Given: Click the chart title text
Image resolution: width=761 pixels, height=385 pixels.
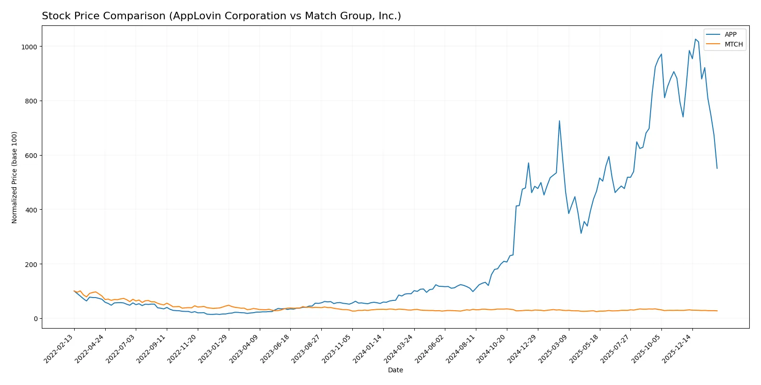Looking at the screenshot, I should point(221,16).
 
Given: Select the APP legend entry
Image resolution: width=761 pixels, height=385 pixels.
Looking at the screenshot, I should point(730,34).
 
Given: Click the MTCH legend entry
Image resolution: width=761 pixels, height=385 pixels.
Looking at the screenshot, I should point(733,44).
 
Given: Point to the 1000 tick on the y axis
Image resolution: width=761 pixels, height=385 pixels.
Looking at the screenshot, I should point(29,47).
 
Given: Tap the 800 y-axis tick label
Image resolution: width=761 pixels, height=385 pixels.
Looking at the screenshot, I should point(31,101).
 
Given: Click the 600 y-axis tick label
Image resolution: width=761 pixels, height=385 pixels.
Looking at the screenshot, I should point(31,156).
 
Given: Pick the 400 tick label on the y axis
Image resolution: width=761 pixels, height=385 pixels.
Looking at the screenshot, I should point(31,210).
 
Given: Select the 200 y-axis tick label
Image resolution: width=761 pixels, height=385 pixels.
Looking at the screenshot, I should point(31,264).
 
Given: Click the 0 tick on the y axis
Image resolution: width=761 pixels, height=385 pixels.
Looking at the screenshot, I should point(35,319).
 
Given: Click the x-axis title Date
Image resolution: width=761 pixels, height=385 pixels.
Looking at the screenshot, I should point(395,370).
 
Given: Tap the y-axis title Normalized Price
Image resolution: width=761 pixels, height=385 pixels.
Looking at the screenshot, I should point(15,177).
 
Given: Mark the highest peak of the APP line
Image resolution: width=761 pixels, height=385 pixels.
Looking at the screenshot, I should point(695,39).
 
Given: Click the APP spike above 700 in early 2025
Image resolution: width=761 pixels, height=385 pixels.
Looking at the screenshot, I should point(559,121).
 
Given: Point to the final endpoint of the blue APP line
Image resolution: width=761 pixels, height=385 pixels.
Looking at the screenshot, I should point(717,168).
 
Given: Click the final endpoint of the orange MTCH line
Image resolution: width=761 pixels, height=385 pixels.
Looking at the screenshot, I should point(717,311).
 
